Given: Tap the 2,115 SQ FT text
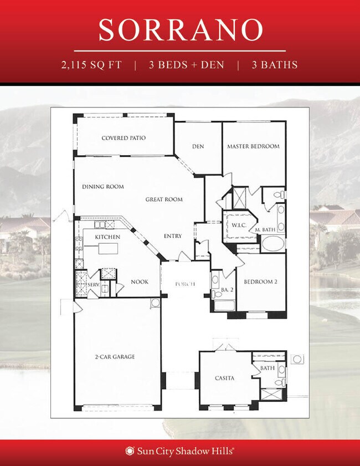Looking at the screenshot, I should pos(92,65).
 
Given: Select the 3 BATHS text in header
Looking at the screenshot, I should pos(275,65).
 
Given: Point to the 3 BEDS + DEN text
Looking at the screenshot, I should pos(186,65).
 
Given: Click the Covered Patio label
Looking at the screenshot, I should pos(124,138).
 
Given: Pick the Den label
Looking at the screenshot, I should pos(198,146).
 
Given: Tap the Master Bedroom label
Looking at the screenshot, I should pos(253,146).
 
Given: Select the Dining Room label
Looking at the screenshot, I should pos(103,187).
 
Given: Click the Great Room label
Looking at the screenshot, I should pos(164,199).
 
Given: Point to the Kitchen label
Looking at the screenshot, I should pos(107,237).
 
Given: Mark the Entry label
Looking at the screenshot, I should pos(173,236).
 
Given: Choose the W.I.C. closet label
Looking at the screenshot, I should pos(239,225).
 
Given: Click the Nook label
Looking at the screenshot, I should pos(140,281).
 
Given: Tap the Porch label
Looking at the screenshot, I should pos(184,284).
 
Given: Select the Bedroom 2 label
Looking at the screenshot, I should pos(260,281).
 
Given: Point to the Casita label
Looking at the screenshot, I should pos(224,378).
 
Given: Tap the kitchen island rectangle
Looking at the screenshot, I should pos(109,249).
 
